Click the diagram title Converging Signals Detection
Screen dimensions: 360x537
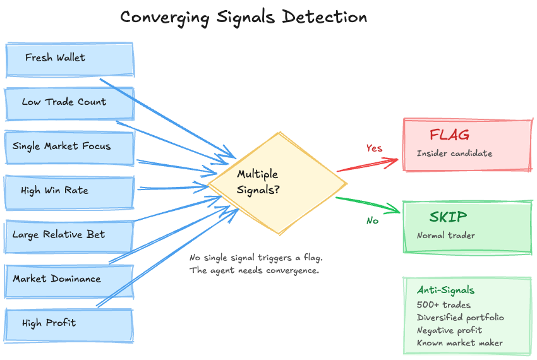pos(243,17)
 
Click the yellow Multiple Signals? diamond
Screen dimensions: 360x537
pos(278,183)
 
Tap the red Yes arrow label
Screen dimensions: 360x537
pos(374,148)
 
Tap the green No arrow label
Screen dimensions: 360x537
pos(372,221)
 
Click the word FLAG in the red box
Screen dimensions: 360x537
pos(449,135)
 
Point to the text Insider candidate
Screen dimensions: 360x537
pos(454,153)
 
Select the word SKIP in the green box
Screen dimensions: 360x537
pos(449,217)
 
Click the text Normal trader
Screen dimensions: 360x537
pos(445,236)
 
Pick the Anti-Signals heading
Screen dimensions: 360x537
pos(445,291)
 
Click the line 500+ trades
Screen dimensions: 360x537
pos(443,305)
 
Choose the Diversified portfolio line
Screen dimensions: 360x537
pos(460,318)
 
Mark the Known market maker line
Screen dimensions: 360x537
pos(459,343)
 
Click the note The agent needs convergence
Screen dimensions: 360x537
pos(255,270)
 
